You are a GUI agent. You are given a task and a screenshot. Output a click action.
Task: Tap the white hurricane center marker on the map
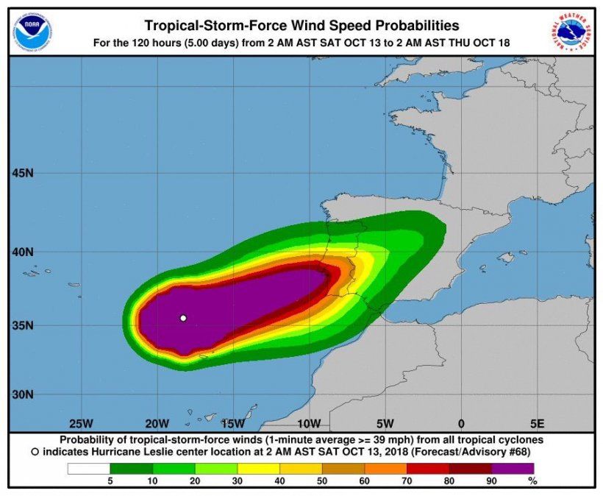[x=183, y=318]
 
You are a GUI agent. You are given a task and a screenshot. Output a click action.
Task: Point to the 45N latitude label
[x=24, y=174]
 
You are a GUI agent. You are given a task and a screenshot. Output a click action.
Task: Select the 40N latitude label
[x=24, y=252]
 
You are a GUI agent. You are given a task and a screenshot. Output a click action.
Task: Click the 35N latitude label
[x=24, y=325]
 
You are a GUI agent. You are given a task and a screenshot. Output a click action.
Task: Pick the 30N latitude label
[x=24, y=394]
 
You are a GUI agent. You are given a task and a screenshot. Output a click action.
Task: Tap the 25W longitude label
[x=80, y=424]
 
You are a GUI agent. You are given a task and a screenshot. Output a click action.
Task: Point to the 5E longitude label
[x=537, y=424]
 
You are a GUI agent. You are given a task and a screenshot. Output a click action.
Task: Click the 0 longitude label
[x=460, y=424]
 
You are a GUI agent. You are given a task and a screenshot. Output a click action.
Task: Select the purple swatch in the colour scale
[x=513, y=468]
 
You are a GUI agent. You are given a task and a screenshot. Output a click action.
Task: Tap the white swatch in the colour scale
[x=88, y=468]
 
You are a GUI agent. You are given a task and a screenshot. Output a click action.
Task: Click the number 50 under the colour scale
[x=323, y=481]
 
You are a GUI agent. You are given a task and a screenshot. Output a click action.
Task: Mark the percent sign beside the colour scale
[x=532, y=481]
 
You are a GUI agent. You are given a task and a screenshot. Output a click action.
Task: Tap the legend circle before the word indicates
[x=35, y=451]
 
